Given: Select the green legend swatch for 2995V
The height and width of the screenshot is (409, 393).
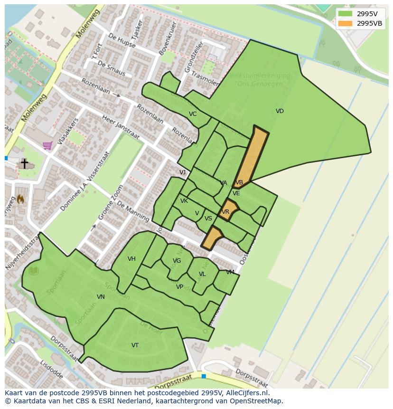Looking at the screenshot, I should (x=345, y=14).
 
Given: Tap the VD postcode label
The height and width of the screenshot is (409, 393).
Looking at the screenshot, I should (x=280, y=111).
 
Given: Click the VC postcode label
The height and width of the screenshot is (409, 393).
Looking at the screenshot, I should (x=193, y=114).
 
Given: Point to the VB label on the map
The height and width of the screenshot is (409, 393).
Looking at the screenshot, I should (x=239, y=182).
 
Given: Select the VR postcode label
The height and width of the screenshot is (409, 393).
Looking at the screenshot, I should (x=225, y=212).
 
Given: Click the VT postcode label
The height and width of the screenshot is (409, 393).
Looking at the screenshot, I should (x=135, y=345).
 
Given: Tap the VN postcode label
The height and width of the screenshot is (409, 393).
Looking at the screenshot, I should (x=101, y=297).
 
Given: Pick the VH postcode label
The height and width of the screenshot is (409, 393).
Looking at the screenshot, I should (x=131, y=259).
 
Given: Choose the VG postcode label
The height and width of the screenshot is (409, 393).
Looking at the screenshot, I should (x=177, y=261).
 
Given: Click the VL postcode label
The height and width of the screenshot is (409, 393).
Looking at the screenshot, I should (x=202, y=274).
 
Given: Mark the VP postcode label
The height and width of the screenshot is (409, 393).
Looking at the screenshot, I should (x=179, y=287).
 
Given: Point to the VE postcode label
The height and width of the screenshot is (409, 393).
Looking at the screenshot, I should (x=236, y=193).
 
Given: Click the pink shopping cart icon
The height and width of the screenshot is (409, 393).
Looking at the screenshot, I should (x=47, y=145).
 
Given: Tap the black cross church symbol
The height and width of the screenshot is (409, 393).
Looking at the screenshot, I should (x=24, y=163).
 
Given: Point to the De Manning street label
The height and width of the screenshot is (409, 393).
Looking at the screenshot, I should (x=133, y=211).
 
